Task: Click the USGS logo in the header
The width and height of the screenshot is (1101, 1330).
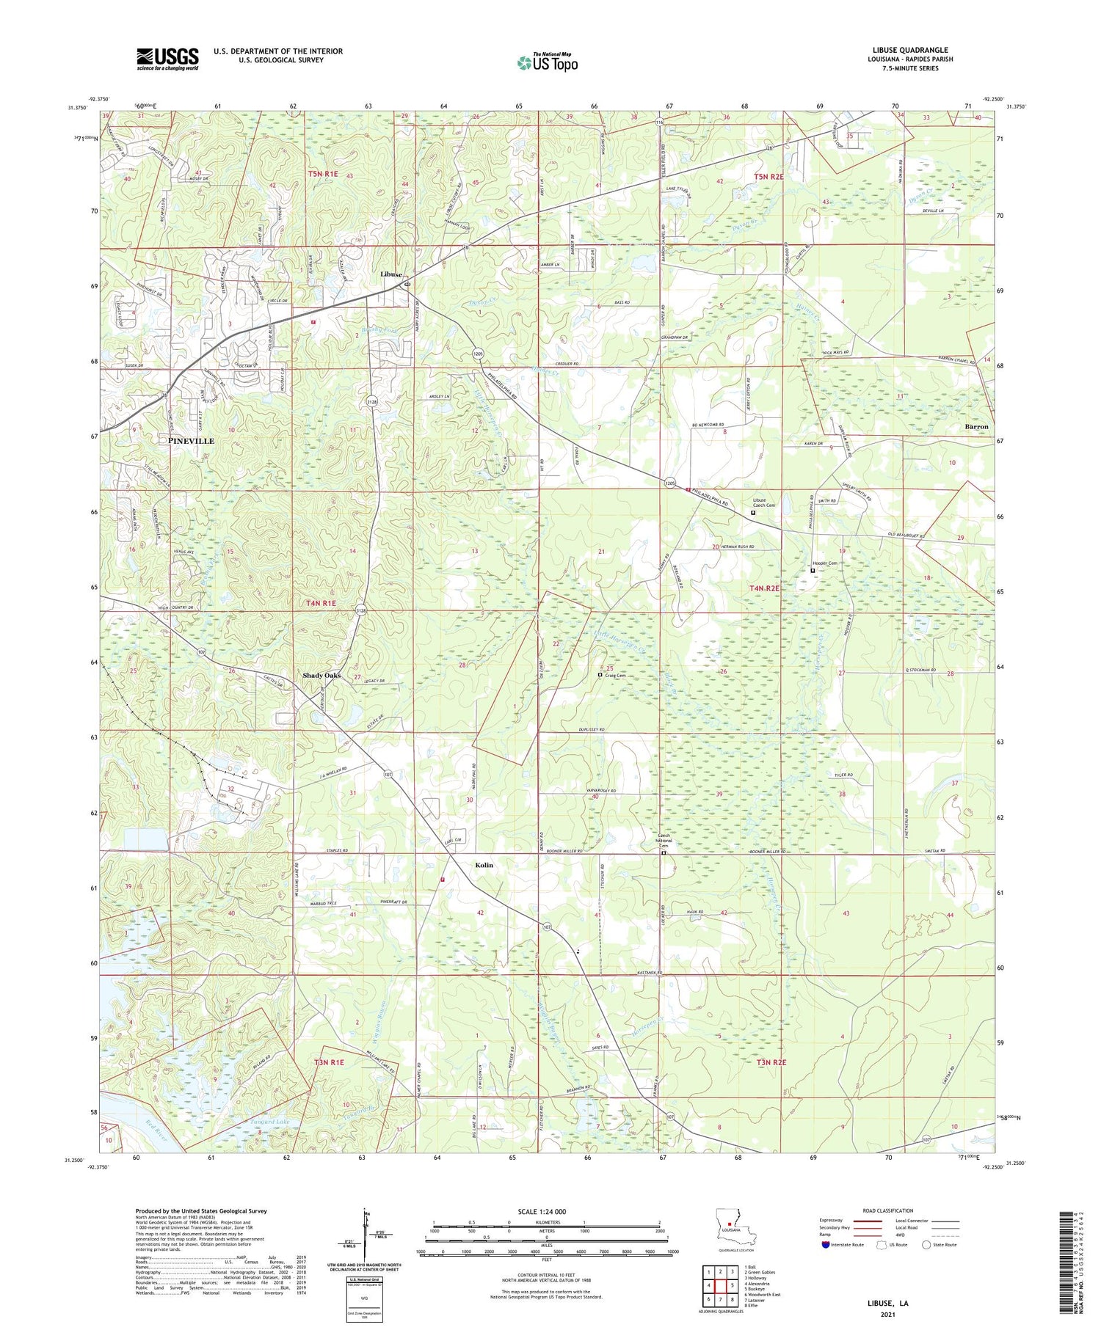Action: pos(167,59)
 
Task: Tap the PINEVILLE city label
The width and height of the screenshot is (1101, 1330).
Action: pos(192,441)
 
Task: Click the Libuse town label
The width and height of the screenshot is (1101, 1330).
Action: pos(390,274)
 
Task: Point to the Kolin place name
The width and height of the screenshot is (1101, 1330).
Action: pos(484,865)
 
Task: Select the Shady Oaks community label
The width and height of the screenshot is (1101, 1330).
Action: pos(321,675)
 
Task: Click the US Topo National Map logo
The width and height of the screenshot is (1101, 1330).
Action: pos(548,62)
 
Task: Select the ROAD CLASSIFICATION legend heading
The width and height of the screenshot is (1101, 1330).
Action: pos(888,1210)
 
